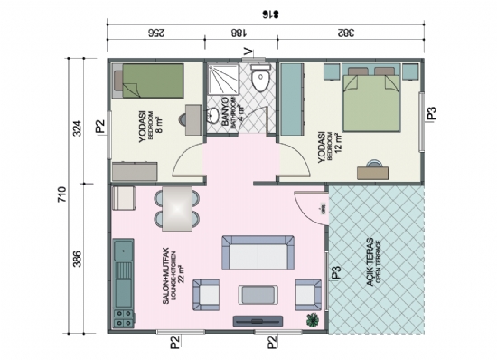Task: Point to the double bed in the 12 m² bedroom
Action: pyautogui.click(x=370, y=99)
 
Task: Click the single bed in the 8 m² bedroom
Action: pyautogui.click(x=150, y=81)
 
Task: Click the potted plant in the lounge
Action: pyautogui.click(x=313, y=319)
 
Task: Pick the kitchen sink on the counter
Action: pyautogui.click(x=120, y=271)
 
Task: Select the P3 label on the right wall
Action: pyautogui.click(x=431, y=114)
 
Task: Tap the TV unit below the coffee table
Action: pyautogui.click(x=258, y=319)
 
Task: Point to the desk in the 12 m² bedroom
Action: pyautogui.click(x=371, y=167)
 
